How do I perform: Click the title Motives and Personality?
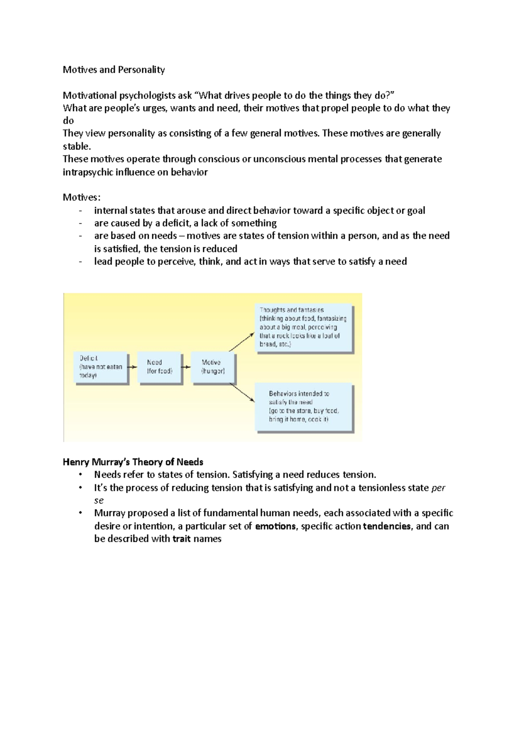(x=114, y=70)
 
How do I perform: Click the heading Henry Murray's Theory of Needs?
(x=133, y=462)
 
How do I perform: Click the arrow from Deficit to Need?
(x=133, y=367)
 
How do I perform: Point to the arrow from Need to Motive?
(x=186, y=367)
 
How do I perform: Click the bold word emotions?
(x=276, y=526)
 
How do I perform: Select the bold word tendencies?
(x=387, y=526)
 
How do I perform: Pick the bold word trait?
(x=181, y=539)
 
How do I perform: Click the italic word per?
(x=438, y=488)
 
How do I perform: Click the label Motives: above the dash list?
(x=81, y=197)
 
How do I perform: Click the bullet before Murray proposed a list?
(x=80, y=513)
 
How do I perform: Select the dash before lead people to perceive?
(x=80, y=262)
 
